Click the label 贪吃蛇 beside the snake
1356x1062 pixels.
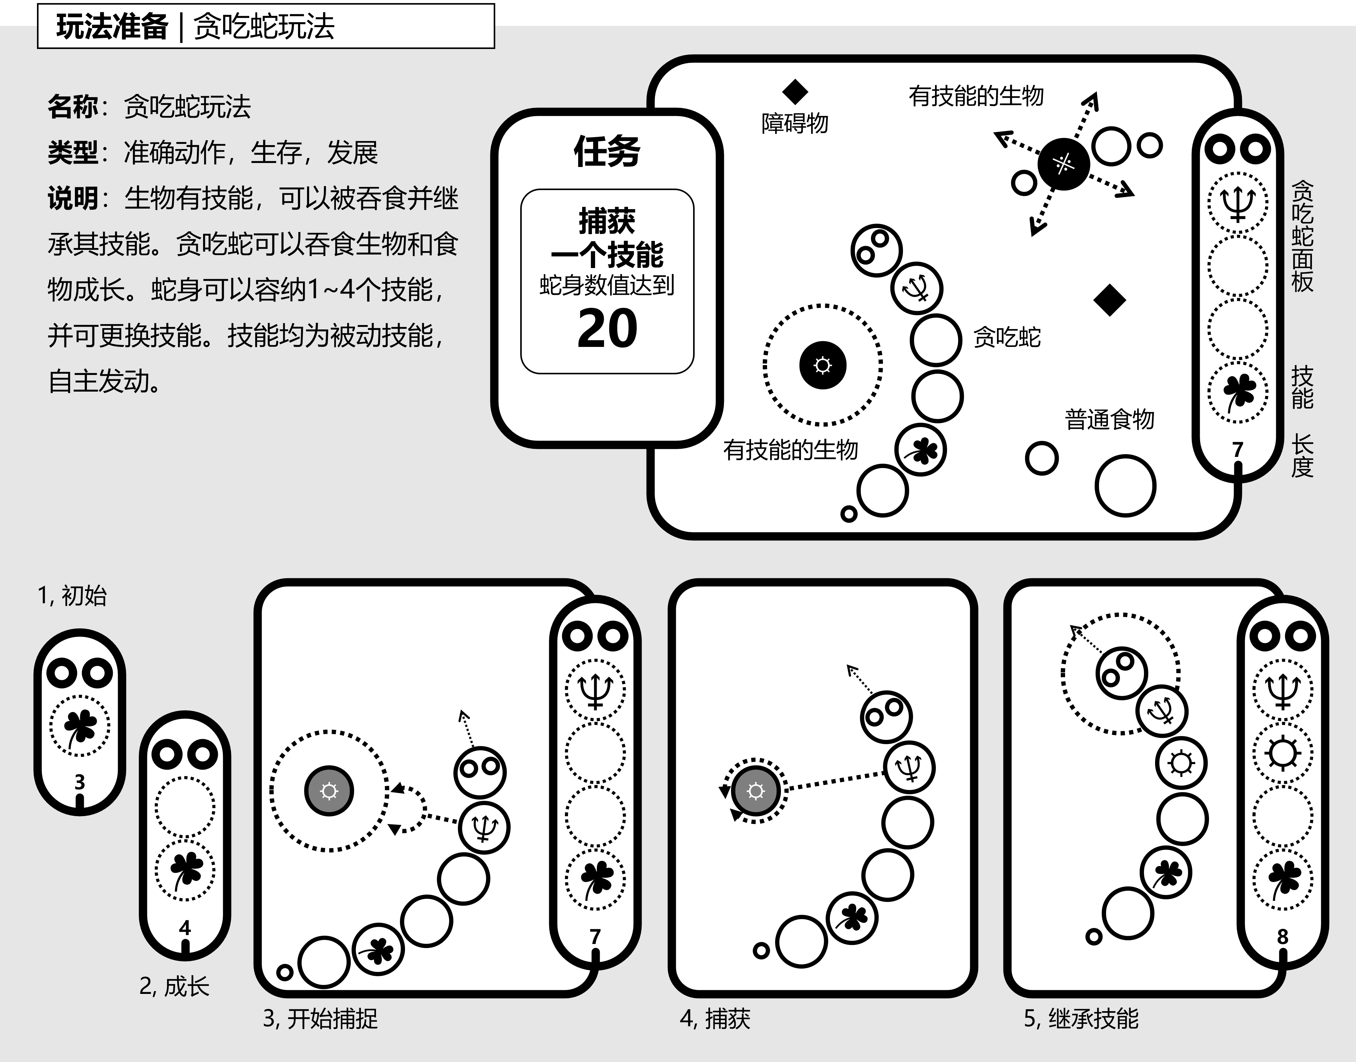(x=1007, y=338)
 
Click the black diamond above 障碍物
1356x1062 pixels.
(x=795, y=92)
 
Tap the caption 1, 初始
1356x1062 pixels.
(x=72, y=596)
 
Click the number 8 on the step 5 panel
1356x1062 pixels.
(x=1283, y=936)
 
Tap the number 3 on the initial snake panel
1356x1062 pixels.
(x=80, y=782)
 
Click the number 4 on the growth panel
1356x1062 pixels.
(x=185, y=928)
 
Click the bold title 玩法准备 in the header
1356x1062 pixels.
(x=112, y=27)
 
